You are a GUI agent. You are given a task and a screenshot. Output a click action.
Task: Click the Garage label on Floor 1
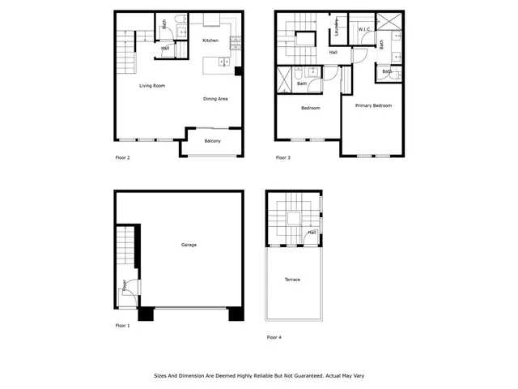[x=189, y=245]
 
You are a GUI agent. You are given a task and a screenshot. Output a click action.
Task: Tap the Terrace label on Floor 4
[x=292, y=280]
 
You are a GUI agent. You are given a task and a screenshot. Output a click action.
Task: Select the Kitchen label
[x=210, y=41]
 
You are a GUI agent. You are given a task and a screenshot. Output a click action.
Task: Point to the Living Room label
[x=152, y=85]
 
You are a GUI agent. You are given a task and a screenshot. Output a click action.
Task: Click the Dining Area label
[x=215, y=99]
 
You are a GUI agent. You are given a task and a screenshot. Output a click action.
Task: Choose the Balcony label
[x=213, y=141]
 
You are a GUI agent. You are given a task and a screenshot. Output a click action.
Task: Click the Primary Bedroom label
[x=373, y=105]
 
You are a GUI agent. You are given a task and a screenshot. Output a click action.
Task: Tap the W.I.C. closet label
[x=364, y=30]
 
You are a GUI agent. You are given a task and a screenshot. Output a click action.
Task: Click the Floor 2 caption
[x=123, y=157]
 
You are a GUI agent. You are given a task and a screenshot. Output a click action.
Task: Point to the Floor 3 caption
[x=283, y=157]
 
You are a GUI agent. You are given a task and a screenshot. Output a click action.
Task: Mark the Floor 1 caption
[x=122, y=325]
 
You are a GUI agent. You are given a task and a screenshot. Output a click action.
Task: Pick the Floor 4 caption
[x=274, y=336]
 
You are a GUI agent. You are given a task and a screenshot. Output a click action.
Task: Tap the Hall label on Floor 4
[x=312, y=233]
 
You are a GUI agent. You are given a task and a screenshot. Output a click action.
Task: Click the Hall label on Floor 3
[x=333, y=53]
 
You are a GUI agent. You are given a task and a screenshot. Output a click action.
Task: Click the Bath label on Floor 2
[x=164, y=24]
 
